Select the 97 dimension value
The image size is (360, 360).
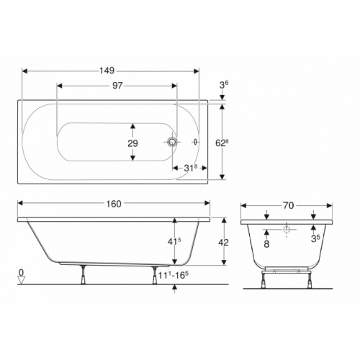(x=117, y=85)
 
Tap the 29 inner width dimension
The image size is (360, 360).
(x=132, y=143)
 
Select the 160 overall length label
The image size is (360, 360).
(x=113, y=203)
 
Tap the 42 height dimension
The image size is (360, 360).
(x=223, y=243)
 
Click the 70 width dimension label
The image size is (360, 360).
(x=288, y=204)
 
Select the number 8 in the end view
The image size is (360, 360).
(x=267, y=244)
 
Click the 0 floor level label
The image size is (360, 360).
(x=22, y=273)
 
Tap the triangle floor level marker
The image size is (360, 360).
(x=22, y=281)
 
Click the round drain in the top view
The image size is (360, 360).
(x=173, y=143)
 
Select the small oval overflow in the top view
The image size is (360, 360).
(x=195, y=143)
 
